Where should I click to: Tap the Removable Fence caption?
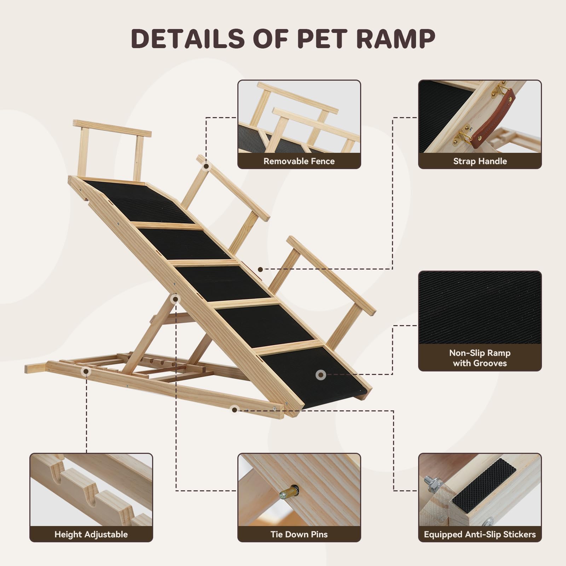tap(299, 161)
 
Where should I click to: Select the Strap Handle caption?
tap(480, 161)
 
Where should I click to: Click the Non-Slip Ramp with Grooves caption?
tap(480, 358)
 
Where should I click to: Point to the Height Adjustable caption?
tap(91, 534)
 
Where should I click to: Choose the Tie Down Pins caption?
tap(299, 534)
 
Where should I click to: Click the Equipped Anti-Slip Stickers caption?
tap(480, 534)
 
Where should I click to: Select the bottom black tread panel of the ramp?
tap(315, 375)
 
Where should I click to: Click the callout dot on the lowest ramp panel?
tap(320, 375)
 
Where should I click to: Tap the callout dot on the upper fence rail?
tap(206, 166)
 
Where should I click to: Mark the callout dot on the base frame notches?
tap(85, 371)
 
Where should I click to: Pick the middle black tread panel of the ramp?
tap(226, 283)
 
